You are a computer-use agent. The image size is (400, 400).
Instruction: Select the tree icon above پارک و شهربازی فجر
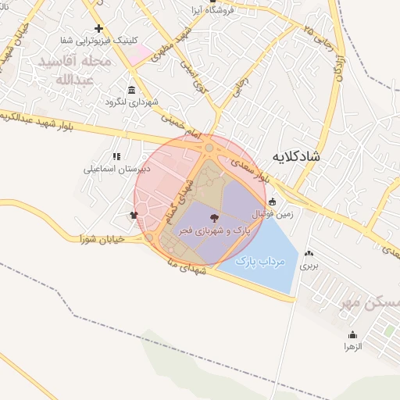(215, 217)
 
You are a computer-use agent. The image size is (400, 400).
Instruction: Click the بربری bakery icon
(309, 253)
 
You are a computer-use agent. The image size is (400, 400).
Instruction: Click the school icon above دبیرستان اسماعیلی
(116, 156)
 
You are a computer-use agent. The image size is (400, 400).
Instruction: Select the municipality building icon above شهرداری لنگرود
(130, 90)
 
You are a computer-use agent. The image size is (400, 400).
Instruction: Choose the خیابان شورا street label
(102, 240)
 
